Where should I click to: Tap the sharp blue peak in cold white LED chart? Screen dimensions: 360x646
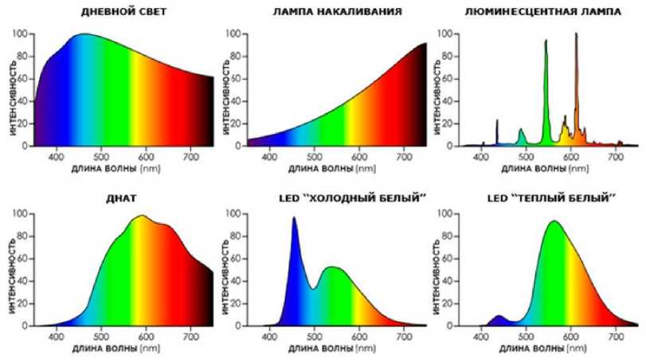click(x=294, y=221)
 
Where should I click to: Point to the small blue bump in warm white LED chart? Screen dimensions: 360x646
click(x=499, y=318)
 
